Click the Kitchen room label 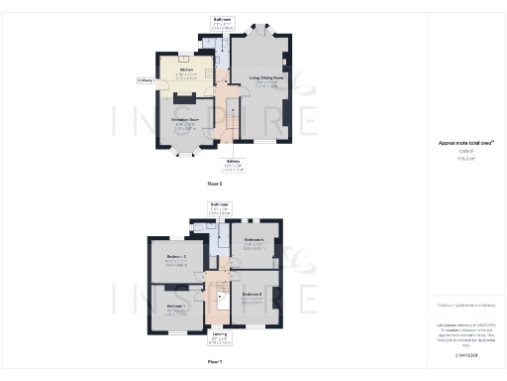click(186, 71)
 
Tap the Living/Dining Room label click(268, 76)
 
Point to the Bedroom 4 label click(254, 241)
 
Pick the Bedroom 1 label click(176, 307)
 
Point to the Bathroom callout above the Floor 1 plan click(219, 206)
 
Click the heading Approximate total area click(464, 143)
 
